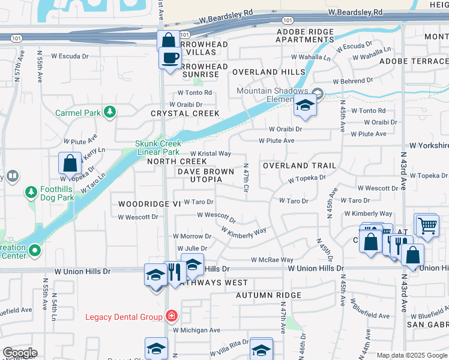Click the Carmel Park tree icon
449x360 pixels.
click(x=109, y=112)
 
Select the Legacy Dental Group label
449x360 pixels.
click(x=124, y=317)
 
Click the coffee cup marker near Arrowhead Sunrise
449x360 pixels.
click(x=170, y=59)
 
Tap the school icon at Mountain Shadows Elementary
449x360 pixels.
click(x=305, y=106)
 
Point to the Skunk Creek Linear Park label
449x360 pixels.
click(x=158, y=148)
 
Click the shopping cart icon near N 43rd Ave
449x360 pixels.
click(x=427, y=226)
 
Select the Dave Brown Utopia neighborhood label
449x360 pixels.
click(x=205, y=175)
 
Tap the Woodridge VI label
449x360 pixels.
click(x=149, y=204)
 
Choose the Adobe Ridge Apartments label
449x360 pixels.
click(x=304, y=35)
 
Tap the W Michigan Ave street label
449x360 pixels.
click(x=196, y=330)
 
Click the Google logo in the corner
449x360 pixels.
click(x=20, y=353)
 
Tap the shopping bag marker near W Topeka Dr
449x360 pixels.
click(x=70, y=163)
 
